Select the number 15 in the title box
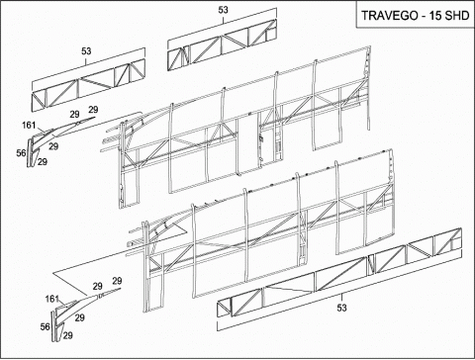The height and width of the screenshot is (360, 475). pos(435,16)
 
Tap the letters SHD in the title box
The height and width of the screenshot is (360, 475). pos(457,16)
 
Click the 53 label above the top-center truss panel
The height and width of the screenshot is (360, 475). pos(224,10)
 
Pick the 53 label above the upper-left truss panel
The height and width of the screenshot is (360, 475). pos(86,51)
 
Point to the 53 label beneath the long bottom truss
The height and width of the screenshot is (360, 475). pos(341,308)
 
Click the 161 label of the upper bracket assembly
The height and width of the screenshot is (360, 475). pos(29,126)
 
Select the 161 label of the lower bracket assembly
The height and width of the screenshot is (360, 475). pos(51,299)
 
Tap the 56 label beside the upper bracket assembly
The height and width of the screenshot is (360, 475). pos(21,153)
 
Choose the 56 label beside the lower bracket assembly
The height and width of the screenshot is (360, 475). pos(46,326)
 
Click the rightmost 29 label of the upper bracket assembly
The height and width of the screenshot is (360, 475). pos(93,110)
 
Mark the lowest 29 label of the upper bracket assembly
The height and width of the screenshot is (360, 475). pos(43,162)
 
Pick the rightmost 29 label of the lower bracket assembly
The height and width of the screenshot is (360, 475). pos(117,281)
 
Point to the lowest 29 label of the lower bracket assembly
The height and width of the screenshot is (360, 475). pos(67,335)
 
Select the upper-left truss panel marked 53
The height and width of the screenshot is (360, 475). pos(88,85)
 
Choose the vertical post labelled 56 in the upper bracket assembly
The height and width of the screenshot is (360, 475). pos(30,152)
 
